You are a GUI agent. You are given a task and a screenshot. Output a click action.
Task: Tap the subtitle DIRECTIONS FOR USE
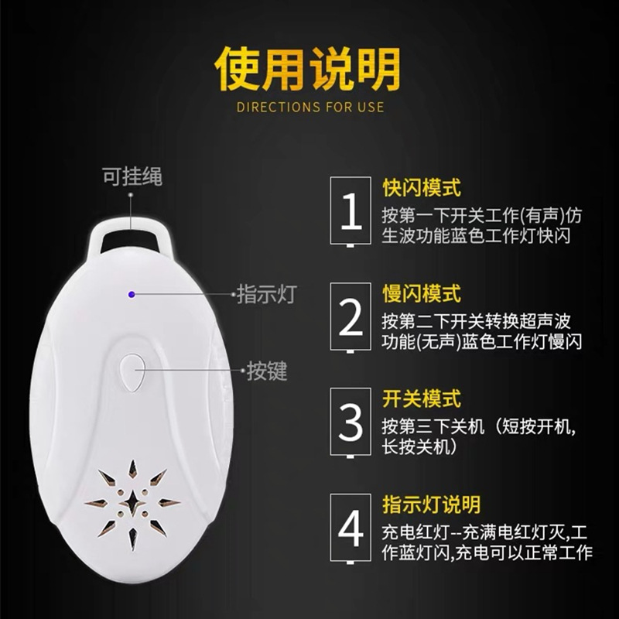310,108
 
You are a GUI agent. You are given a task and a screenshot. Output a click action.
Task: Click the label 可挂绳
132,176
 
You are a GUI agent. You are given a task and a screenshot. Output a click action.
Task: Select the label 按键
267,371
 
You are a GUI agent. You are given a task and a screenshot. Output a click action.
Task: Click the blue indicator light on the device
132,295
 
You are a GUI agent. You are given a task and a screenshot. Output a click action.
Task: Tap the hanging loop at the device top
130,232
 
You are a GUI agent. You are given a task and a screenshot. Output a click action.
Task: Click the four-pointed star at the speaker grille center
132,502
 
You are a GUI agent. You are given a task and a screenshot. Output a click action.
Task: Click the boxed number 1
351,210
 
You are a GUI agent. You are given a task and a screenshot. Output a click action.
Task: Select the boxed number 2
351,316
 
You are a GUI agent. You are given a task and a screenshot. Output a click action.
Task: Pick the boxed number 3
351,422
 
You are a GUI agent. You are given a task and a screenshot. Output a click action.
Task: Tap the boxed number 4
351,528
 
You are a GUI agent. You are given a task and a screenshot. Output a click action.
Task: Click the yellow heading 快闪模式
422,187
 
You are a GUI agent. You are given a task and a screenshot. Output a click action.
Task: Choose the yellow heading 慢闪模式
422,293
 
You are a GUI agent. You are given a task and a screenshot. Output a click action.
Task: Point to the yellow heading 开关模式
422,398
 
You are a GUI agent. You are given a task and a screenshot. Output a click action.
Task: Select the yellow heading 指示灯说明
432,504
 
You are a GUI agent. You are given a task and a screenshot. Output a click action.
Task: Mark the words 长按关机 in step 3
416,447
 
